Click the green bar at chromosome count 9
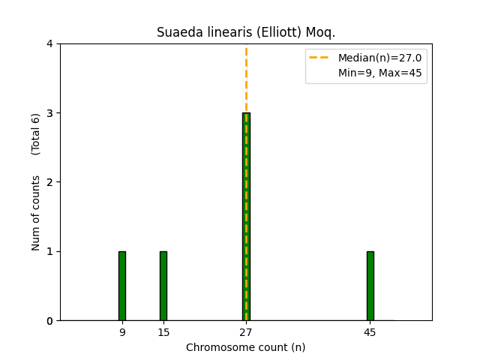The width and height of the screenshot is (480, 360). (122, 286)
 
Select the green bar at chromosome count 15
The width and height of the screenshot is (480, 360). (163, 286)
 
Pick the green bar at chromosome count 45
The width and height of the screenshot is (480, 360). (370, 286)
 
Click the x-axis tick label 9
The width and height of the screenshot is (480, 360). (122, 331)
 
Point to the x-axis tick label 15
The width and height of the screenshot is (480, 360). (163, 331)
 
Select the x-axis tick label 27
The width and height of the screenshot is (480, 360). (246, 331)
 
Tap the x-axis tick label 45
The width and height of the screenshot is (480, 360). (370, 331)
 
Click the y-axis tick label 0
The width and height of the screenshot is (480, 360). (49, 321)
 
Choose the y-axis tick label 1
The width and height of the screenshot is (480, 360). (49, 251)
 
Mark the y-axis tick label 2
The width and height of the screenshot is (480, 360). (49, 182)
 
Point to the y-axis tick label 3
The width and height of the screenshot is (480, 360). (49, 113)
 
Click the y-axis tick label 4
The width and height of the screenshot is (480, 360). (49, 44)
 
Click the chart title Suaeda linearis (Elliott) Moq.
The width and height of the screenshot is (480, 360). (246, 32)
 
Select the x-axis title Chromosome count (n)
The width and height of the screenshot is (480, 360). (246, 347)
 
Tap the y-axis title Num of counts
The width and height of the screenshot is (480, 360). (36, 213)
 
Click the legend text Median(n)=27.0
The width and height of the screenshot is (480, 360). (379, 58)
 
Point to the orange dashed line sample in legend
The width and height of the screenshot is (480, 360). (321, 58)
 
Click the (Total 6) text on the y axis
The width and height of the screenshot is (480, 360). (36, 133)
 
